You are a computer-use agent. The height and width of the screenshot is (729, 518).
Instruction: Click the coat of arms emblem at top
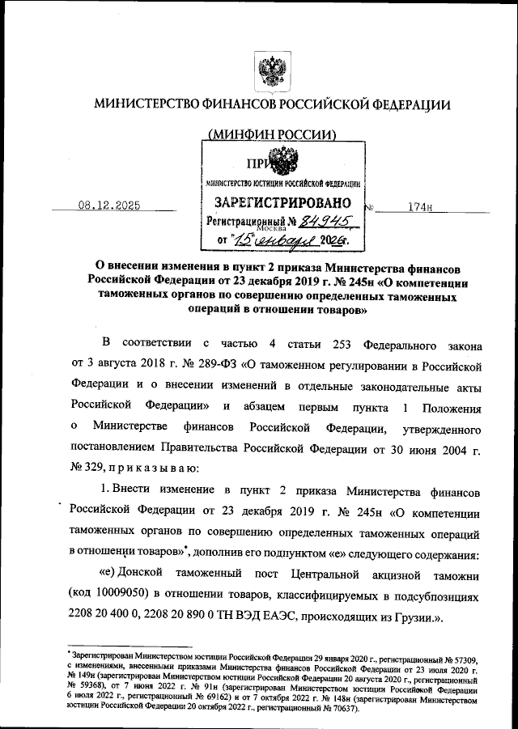click(267, 68)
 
